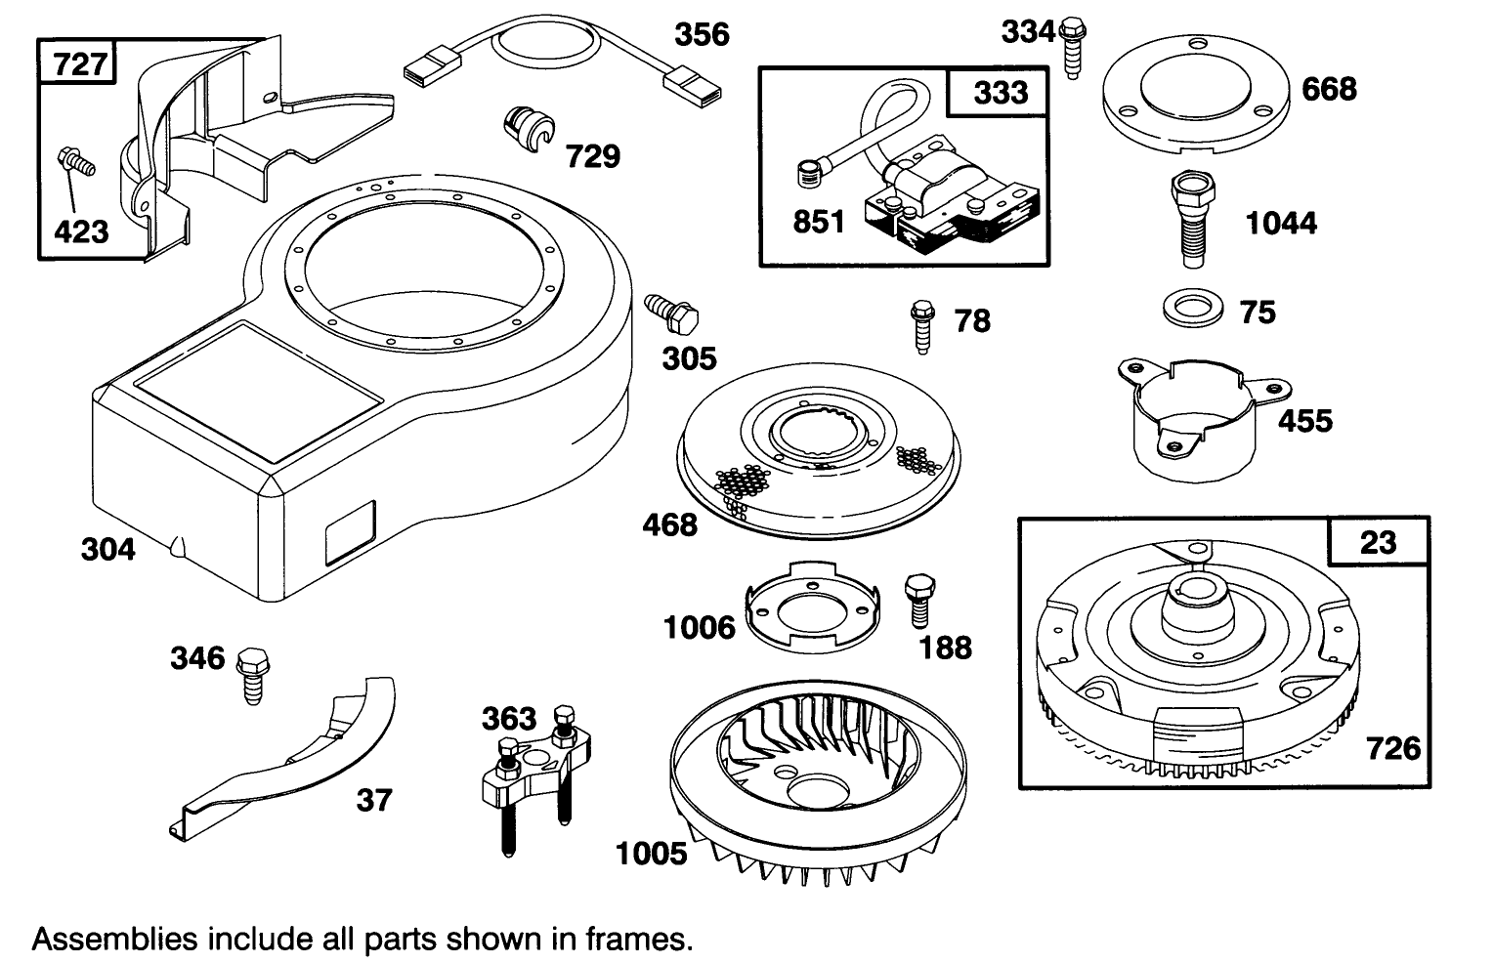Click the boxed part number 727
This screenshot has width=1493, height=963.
pyautogui.click(x=80, y=64)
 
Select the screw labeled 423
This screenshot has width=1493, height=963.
pyautogui.click(x=76, y=163)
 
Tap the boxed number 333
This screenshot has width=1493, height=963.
pyautogui.click(x=1001, y=92)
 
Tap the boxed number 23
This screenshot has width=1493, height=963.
pyautogui.click(x=1378, y=542)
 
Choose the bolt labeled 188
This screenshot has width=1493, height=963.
pyautogui.click(x=917, y=599)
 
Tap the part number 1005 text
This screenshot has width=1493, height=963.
pyautogui.click(x=651, y=854)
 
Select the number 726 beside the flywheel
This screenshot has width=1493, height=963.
pyautogui.click(x=1392, y=748)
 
